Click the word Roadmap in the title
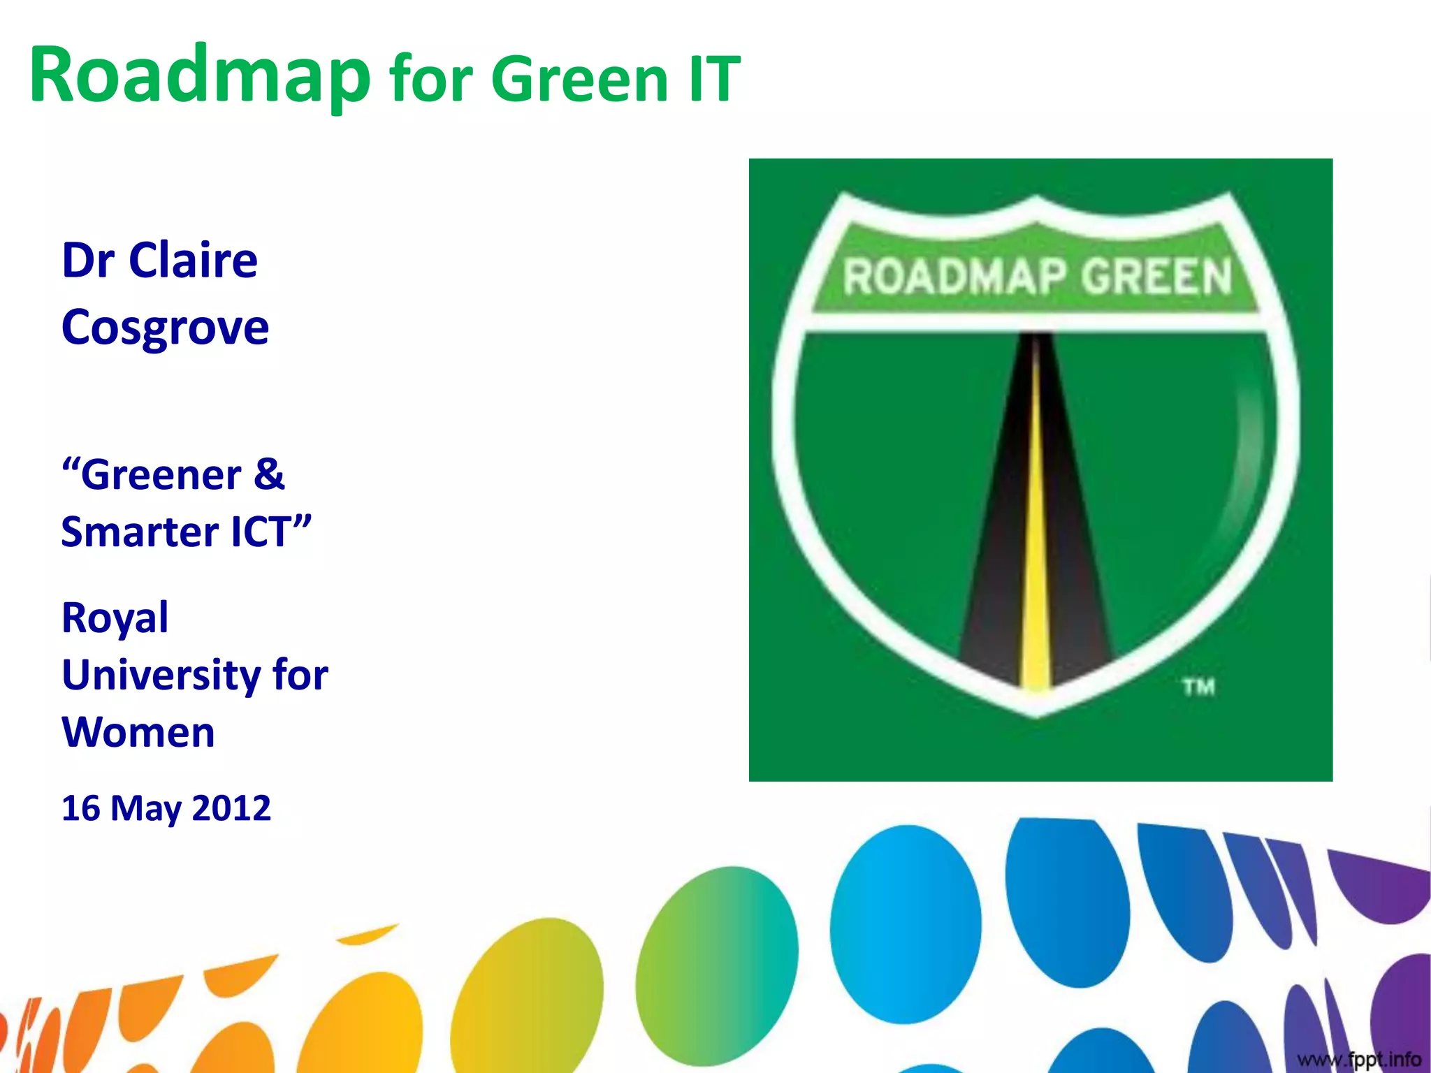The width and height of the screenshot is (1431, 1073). pyautogui.click(x=199, y=75)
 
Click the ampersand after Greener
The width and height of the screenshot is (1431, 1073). pyautogui.click(x=269, y=474)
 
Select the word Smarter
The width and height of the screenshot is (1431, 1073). pyautogui.click(x=140, y=532)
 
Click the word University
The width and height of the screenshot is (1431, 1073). pyautogui.click(x=161, y=676)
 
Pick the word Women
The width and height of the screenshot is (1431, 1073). pyautogui.click(x=138, y=733)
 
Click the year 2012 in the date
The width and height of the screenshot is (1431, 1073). pyautogui.click(x=231, y=808)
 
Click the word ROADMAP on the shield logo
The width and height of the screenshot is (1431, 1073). pyautogui.click(x=954, y=276)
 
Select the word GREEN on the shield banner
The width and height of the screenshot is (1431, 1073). pyautogui.click(x=1156, y=276)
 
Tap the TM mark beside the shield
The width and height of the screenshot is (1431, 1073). pyautogui.click(x=1199, y=687)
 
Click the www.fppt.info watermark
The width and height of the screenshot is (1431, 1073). pyautogui.click(x=1359, y=1059)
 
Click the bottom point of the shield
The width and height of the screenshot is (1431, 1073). pyautogui.click(x=1036, y=713)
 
